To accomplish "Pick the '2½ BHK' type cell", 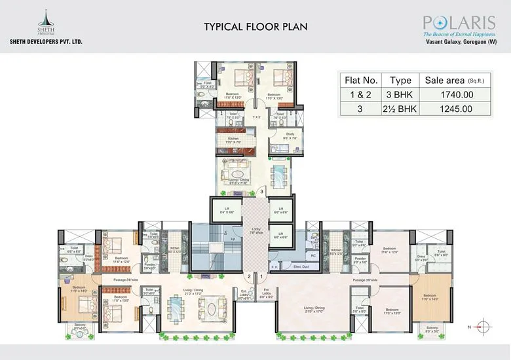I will pos(400,109).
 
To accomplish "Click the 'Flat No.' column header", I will pos(361,81).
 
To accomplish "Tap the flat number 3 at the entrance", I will pos(261,192).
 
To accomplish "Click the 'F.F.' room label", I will pos(274,267).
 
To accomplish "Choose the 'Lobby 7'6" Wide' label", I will pos(256,231).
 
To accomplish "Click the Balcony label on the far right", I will pos(432,329).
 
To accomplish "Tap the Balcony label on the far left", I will pos(81,329).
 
